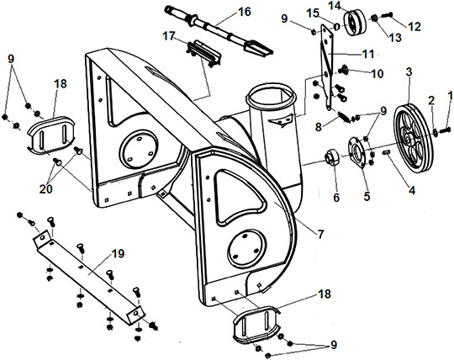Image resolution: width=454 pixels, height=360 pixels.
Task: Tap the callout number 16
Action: (244, 12)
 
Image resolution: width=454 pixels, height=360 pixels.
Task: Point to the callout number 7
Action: (320, 234)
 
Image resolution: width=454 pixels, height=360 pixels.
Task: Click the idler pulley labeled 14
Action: (355, 23)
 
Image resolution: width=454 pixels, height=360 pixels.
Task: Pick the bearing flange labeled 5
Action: (358, 152)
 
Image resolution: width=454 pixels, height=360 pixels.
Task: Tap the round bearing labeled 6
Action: (331, 157)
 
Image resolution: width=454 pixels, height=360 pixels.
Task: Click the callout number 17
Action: (169, 36)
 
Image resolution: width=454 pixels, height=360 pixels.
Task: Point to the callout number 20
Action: (45, 189)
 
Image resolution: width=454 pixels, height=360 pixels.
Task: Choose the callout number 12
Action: (414, 26)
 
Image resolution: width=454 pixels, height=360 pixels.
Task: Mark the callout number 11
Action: (368, 54)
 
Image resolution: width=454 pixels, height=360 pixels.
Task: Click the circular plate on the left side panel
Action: (140, 149)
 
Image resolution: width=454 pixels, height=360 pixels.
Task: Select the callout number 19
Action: (118, 253)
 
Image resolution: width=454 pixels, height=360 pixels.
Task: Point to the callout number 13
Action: (395, 37)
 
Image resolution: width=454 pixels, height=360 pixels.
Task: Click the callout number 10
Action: (377, 73)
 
